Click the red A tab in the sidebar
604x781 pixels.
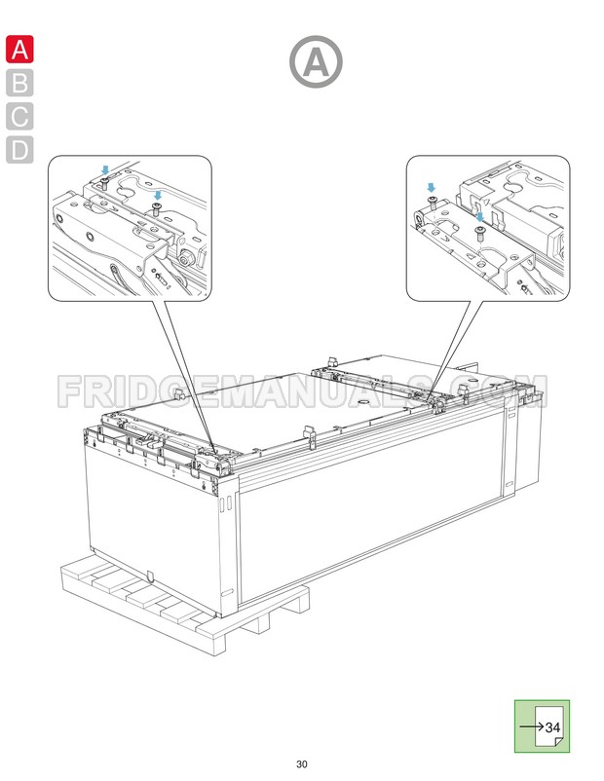click(x=19, y=50)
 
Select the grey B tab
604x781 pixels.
click(x=19, y=83)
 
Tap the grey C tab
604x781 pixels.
click(x=19, y=116)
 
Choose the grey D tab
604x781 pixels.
click(x=19, y=150)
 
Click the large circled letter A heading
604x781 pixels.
click(x=316, y=62)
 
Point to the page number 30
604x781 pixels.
click(x=302, y=762)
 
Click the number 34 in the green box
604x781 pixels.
click(x=552, y=727)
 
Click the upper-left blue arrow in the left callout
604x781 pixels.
click(x=106, y=169)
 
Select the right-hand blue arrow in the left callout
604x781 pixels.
click(x=157, y=196)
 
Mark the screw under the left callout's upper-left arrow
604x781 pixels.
click(x=105, y=182)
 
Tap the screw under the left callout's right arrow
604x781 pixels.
click(x=156, y=208)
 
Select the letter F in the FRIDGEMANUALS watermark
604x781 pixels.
click(x=71, y=391)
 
